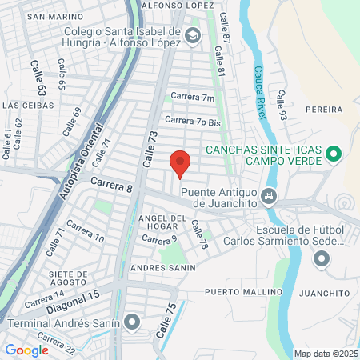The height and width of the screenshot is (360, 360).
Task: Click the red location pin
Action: coord(180,162)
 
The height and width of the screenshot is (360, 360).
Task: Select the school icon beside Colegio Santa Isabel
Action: coord(192,35)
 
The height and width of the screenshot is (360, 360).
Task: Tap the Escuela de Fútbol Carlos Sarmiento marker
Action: coord(322,258)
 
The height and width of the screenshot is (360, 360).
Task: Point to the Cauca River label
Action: coord(262,88)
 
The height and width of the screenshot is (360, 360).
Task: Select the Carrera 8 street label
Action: coord(110,184)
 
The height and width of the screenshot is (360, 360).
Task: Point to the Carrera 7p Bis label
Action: coord(192,122)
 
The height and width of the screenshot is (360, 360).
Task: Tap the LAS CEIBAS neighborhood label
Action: coord(28,105)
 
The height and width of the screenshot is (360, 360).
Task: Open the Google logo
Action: coord(27,350)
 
